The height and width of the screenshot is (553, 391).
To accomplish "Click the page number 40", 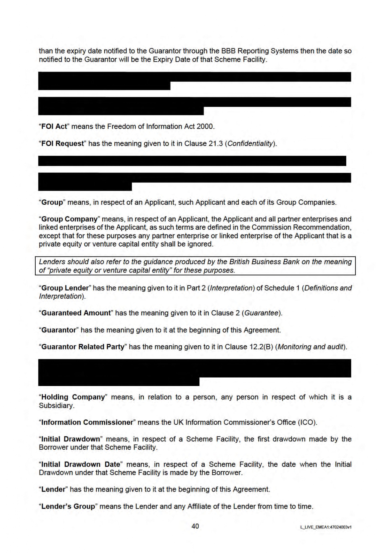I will pyautogui.click(x=195, y=526).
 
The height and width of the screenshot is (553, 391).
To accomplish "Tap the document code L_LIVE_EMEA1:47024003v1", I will pyautogui.click(x=326, y=527).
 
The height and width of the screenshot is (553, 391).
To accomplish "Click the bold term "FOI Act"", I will pyautogui.click(x=54, y=126).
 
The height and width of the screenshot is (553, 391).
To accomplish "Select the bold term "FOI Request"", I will pyautogui.click(x=63, y=143).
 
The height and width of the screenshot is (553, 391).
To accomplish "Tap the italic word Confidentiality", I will pyautogui.click(x=250, y=143).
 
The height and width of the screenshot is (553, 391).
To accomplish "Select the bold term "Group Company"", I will pyautogui.click(x=69, y=219).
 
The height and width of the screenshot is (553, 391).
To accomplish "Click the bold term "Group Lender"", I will pyautogui.click(x=65, y=288).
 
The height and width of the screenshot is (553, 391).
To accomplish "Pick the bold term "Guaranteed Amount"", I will pyautogui.click(x=76, y=313).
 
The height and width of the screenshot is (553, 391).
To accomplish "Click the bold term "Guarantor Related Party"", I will pyautogui.click(x=83, y=347).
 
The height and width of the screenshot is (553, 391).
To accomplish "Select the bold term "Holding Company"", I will pyautogui.click(x=73, y=397).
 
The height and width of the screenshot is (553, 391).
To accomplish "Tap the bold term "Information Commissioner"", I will pyautogui.click(x=87, y=422).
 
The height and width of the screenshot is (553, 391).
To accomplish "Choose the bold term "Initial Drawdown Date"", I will pyautogui.click(x=81, y=464).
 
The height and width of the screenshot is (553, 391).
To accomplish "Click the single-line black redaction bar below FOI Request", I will pyautogui.click(x=192, y=161).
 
